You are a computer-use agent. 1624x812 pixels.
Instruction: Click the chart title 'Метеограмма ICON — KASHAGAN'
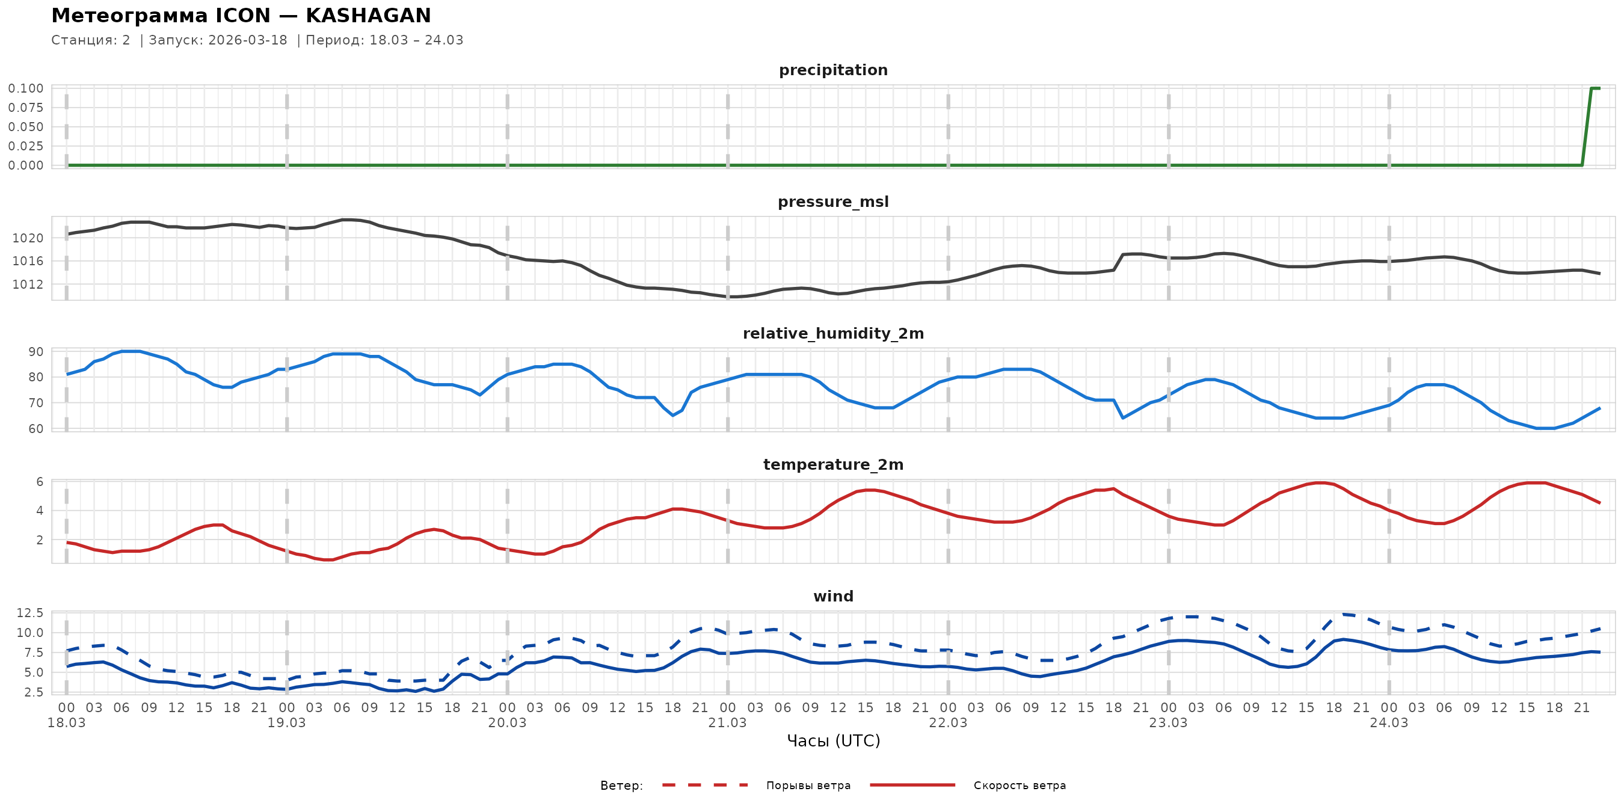[x=241, y=16]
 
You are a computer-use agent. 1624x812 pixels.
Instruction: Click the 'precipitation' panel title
[x=833, y=70]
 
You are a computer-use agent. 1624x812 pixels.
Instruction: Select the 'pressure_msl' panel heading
[x=833, y=201]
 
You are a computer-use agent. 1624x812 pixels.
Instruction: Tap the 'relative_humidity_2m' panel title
[x=833, y=333]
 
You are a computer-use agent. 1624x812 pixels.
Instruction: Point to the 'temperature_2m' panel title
[x=833, y=464]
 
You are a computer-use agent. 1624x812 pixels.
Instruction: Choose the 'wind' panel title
[x=833, y=597]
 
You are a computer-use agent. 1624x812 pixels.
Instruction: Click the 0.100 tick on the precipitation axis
[x=26, y=88]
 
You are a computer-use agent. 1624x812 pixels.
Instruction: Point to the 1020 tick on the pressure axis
[x=28, y=238]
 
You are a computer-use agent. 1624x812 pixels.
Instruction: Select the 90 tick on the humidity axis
[x=36, y=352]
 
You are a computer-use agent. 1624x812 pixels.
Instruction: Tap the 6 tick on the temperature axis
[x=40, y=482]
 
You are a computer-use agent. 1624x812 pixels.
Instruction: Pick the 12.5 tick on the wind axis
[x=29, y=613]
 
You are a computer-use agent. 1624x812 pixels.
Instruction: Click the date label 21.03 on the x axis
[x=727, y=723]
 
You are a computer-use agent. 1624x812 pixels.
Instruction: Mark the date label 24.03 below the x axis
[x=1388, y=723]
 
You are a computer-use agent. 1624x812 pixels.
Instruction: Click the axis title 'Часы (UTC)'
[x=833, y=741]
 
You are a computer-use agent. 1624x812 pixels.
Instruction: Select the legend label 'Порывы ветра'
[x=808, y=786]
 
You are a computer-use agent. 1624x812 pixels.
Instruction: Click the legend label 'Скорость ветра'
[x=1020, y=786]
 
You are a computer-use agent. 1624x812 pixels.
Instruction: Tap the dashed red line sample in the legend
[x=704, y=785]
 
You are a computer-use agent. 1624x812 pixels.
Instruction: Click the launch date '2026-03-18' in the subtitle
[x=247, y=40]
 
